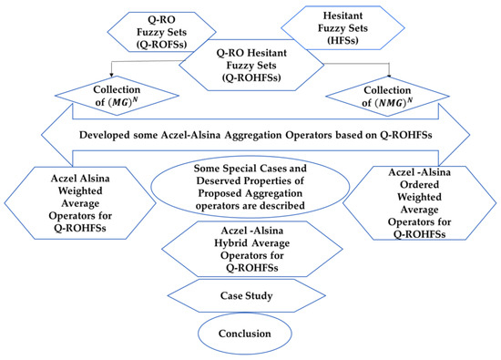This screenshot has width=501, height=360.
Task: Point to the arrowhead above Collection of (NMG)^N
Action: click(x=389, y=74)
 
